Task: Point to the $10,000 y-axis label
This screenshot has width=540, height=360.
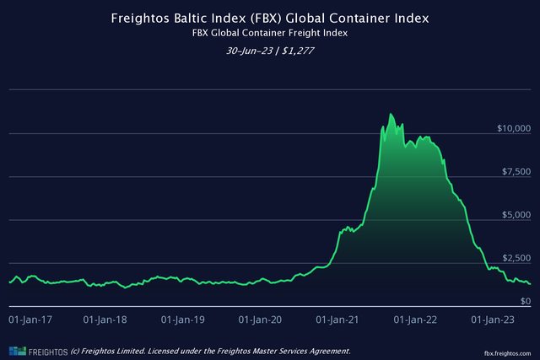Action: [x=513, y=128]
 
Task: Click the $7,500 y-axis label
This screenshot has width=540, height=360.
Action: [x=516, y=171]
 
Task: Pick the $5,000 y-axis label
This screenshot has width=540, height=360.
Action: [x=516, y=214]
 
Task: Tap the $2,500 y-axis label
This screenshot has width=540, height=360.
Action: [x=516, y=257]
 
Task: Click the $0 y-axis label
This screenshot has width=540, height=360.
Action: [x=525, y=300]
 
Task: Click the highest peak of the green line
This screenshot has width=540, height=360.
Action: [x=390, y=114]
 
